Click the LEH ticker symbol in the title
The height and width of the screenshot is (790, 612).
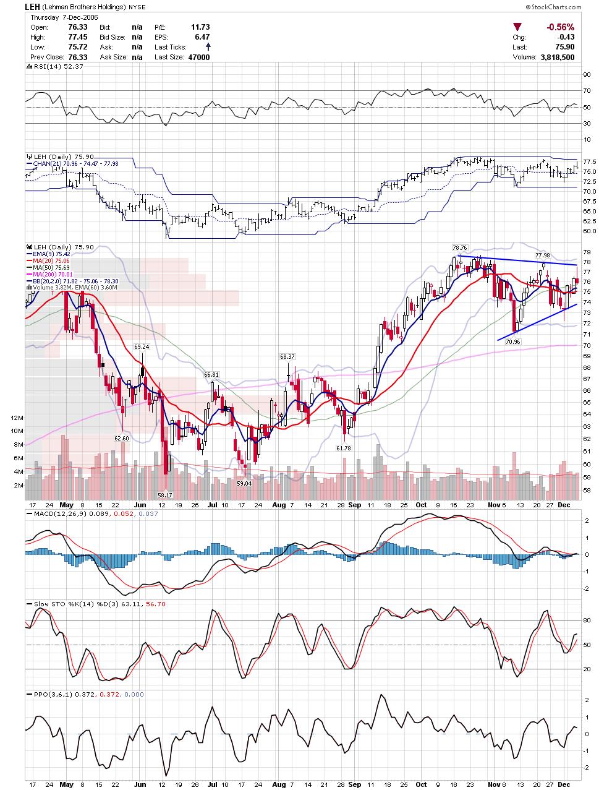click(x=33, y=7)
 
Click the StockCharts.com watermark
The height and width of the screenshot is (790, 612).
click(x=555, y=7)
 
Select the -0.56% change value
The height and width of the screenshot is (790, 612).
click(x=559, y=27)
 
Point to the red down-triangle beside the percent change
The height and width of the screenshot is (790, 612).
click(x=517, y=27)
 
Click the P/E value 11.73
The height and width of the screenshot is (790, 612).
click(x=200, y=27)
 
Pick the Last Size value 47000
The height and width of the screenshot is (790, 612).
click(x=199, y=57)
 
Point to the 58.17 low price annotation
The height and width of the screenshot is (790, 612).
click(x=164, y=495)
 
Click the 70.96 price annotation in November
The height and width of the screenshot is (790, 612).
click(x=512, y=341)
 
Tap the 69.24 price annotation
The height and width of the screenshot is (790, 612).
click(x=142, y=347)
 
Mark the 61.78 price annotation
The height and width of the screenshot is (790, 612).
click(x=344, y=447)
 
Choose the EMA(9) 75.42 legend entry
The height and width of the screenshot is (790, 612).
click(x=50, y=254)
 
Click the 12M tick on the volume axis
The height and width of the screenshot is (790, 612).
click(x=17, y=418)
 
